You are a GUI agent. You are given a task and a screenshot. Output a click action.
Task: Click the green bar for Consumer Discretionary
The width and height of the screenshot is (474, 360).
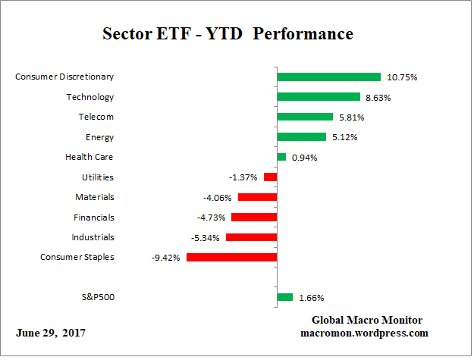tap(328, 77)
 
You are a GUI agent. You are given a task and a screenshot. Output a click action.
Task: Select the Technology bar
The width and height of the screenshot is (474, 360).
tap(318, 97)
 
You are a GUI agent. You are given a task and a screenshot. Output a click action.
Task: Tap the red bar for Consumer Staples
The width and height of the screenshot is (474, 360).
tap(231, 257)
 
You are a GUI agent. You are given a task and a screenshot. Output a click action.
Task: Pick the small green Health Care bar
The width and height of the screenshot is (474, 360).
tap(281, 157)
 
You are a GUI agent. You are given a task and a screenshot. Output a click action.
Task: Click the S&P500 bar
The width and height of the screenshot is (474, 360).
tap(285, 297)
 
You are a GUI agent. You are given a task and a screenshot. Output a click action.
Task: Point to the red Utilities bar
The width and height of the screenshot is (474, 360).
tap(270, 177)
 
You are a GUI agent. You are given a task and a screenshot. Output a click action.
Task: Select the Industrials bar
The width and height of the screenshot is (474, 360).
tap(251, 237)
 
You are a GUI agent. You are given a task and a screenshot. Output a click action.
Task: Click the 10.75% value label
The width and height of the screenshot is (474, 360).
tap(402, 77)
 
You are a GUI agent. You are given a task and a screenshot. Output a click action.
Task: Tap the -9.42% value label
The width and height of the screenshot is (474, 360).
tap(166, 258)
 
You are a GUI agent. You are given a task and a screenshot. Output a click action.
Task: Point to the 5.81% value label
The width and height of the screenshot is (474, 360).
tap(352, 117)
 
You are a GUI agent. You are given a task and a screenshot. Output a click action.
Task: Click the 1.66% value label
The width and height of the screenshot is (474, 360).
tap(313, 298)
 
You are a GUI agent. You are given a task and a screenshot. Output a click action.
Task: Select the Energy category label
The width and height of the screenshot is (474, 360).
tap(100, 137)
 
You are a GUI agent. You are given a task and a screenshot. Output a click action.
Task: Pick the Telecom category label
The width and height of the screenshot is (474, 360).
tap(97, 117)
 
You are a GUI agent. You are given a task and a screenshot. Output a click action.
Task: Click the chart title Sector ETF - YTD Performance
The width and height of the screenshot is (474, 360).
tap(228, 34)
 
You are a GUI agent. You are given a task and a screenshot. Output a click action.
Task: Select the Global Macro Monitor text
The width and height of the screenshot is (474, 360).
tap(367, 320)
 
